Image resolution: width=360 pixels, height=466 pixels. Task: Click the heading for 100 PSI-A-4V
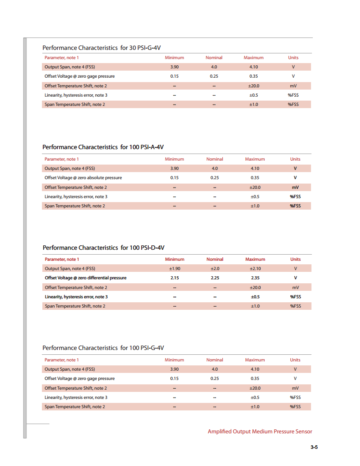106,147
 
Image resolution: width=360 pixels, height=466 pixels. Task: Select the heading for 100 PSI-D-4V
106,248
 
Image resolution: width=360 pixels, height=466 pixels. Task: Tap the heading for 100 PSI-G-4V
106,348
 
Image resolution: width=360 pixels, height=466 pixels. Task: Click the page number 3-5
314,447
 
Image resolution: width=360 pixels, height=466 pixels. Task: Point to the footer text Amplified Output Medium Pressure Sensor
260,431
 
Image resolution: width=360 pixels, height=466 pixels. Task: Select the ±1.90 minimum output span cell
175,268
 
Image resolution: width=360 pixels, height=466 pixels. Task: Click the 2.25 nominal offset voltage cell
215,278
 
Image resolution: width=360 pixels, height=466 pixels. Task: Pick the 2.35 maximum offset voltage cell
255,278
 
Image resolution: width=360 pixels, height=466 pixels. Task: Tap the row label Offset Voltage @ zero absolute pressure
83,178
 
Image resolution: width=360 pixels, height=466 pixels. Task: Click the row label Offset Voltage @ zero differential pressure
86,278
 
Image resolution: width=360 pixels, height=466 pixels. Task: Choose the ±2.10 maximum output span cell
255,268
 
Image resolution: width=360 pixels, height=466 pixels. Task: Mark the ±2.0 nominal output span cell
215,268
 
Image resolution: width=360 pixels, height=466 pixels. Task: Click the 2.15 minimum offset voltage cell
175,278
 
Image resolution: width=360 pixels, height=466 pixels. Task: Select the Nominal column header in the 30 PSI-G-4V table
214,57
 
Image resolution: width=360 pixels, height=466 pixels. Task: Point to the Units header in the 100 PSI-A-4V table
295,159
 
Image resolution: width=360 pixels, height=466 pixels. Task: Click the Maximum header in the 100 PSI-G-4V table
255,360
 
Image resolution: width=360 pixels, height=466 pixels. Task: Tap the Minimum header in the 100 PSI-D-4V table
175,259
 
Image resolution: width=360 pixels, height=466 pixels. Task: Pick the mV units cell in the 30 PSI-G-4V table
293,86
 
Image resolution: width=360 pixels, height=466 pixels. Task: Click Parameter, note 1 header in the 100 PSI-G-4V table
62,360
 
